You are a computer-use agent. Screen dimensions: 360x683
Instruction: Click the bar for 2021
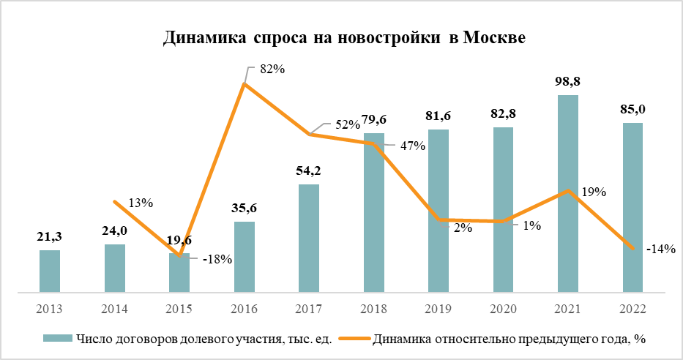[x=568, y=194]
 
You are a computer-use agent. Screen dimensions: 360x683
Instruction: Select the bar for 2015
[x=179, y=273]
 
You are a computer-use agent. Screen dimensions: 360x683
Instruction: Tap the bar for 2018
[x=374, y=213]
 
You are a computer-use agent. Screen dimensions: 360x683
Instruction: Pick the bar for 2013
[x=50, y=271]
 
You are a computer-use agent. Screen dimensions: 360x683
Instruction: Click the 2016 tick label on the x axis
[x=245, y=310]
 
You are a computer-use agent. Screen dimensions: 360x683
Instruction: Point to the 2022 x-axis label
[x=632, y=310]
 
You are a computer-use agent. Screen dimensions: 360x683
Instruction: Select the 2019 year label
[x=438, y=310]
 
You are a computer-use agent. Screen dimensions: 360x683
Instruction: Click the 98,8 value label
[x=568, y=80]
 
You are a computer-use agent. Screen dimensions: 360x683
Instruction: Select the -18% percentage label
[x=217, y=259]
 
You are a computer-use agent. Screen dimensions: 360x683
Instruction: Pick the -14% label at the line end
[x=660, y=249]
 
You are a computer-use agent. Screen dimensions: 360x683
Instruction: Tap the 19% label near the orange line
[x=594, y=192]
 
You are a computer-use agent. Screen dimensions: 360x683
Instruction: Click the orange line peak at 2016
[x=245, y=84]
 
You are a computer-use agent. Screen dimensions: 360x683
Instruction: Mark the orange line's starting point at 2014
[x=115, y=201]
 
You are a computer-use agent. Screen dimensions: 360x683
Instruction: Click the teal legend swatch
[x=57, y=339]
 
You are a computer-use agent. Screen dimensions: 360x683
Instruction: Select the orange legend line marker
[x=357, y=339]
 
